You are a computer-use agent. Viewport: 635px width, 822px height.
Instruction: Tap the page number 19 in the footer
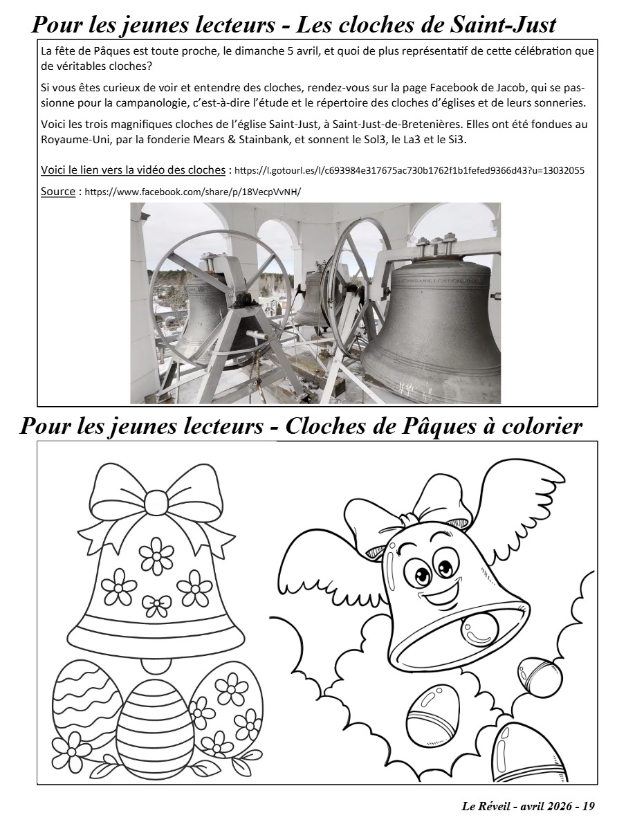(588, 806)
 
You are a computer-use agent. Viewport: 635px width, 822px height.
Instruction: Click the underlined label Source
(57, 192)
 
